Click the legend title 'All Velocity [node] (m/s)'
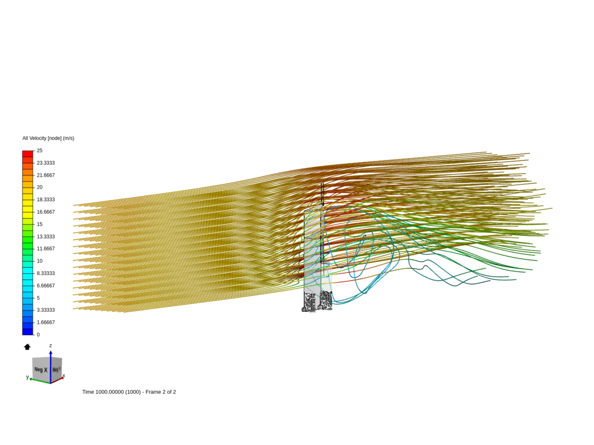48,138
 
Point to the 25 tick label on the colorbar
40,150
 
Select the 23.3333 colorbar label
46,163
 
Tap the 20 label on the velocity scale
40,187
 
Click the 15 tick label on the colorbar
40,224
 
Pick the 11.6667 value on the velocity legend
46,248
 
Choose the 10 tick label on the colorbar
40,261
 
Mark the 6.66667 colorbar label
46,286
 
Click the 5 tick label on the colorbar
38,298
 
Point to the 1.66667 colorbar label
46,322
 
